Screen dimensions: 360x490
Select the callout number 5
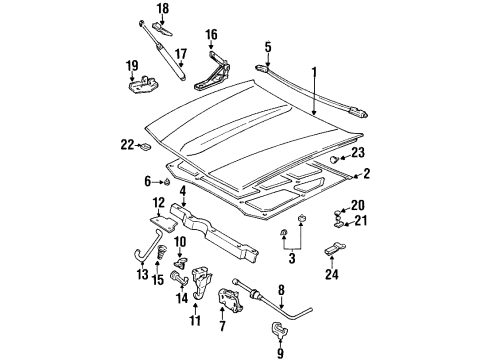coord(268,46)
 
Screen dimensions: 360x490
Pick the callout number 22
coord(126,146)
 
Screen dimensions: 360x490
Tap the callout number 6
coord(147,181)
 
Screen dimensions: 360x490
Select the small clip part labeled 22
coord(144,147)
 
